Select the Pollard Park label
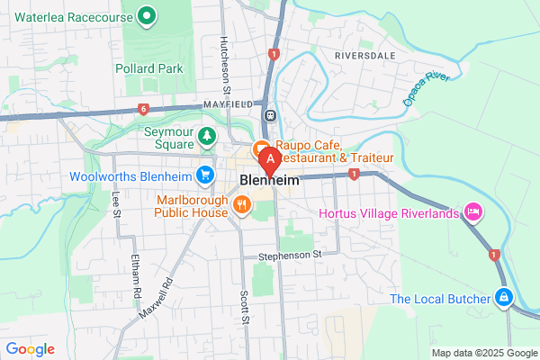tap(149, 68)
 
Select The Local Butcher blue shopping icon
tap(504, 297)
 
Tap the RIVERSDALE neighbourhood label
tap(365, 55)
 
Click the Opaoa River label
tap(425, 89)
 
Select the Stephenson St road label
tap(291, 255)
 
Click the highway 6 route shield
tap(142, 109)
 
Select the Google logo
tap(30, 348)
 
